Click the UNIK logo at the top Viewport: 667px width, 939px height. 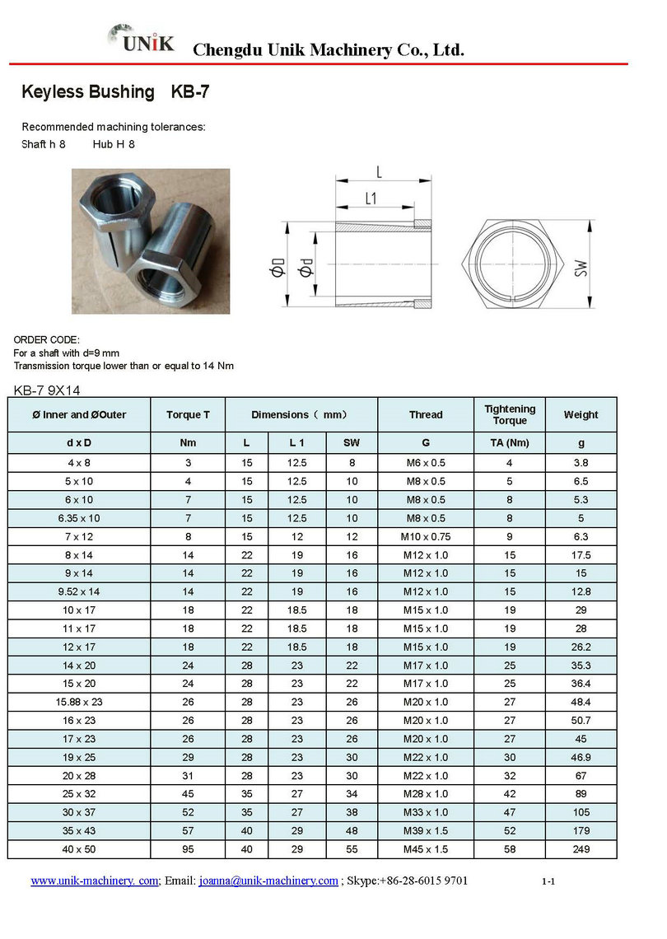[x=141, y=40]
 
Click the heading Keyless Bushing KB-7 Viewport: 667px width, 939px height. [x=115, y=92]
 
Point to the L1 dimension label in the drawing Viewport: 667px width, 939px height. [x=370, y=199]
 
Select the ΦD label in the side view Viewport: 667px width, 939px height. [x=278, y=268]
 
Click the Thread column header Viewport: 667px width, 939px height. [x=425, y=415]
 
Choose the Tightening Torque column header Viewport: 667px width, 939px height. [x=509, y=415]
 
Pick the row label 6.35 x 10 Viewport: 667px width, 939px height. [x=79, y=518]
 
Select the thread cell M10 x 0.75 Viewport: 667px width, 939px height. [x=425, y=537]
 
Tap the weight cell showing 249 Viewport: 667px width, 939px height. [x=581, y=849]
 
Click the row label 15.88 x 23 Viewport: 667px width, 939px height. [x=79, y=703]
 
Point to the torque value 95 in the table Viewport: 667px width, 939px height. [x=188, y=849]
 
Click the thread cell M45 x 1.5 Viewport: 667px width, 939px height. [x=425, y=849]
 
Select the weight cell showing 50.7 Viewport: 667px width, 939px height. [x=581, y=721]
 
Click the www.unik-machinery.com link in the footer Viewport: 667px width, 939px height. [x=94, y=881]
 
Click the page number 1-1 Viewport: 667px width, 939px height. [x=548, y=882]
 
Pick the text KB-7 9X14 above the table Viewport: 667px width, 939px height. [x=47, y=390]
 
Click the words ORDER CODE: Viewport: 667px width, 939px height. [x=47, y=339]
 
